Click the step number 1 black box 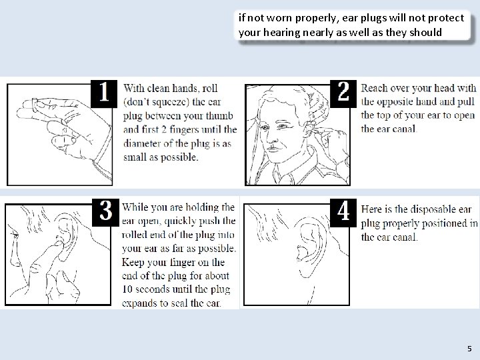(x=104, y=94)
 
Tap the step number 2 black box (x=343, y=94)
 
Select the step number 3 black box (x=105, y=213)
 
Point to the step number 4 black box (x=343, y=213)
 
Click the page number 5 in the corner (x=469, y=349)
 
